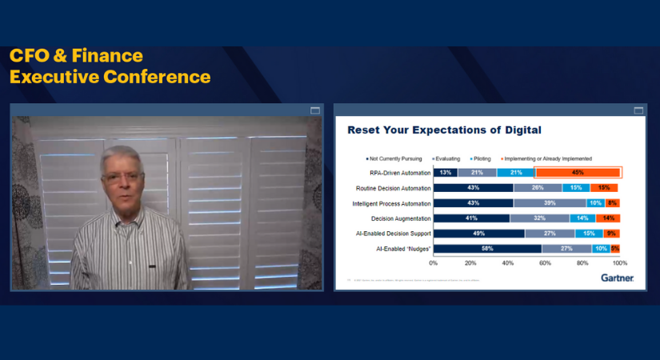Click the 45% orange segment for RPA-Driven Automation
tap(578, 172)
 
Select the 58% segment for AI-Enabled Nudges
tap(487, 249)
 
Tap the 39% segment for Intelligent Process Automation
tap(550, 203)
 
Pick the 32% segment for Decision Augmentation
tap(539, 218)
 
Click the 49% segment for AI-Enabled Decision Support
tap(478, 234)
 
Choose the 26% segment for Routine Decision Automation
tap(538, 188)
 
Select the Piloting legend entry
tap(479, 158)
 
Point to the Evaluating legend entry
tap(446, 158)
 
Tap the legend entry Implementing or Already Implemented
tap(546, 158)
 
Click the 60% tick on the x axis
tap(545, 262)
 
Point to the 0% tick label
tap(434, 262)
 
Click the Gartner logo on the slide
tap(617, 278)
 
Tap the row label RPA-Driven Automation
tap(398, 172)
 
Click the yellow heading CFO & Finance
tap(76, 56)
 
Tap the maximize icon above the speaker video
tap(314, 110)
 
